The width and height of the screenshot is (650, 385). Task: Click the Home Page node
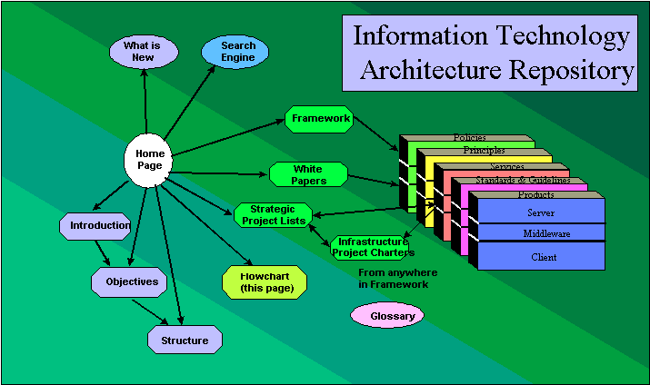coord(149,161)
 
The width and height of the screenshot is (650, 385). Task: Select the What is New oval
coord(144,51)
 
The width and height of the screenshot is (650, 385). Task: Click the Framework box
coord(317,120)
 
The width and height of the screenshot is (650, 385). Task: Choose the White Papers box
coord(308,174)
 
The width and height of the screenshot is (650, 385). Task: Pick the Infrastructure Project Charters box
coord(370,247)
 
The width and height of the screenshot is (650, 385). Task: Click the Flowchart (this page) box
coord(259,282)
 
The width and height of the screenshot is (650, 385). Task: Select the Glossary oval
coord(387,316)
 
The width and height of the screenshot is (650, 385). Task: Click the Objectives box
coord(129,281)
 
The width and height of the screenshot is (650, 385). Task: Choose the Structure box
coord(185,341)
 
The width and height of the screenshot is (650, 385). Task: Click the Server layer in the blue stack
coord(541,212)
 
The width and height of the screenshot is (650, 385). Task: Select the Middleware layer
coord(541,233)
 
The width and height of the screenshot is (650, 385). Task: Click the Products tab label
coord(535,195)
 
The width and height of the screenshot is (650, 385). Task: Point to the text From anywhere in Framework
coord(397,279)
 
